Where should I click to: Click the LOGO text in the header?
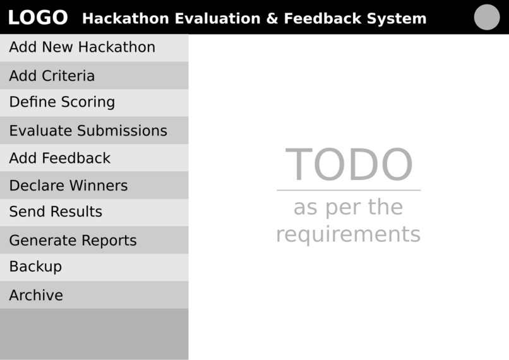[x=37, y=18]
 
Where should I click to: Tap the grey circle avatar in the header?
[x=486, y=17]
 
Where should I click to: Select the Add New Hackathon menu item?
[x=82, y=47]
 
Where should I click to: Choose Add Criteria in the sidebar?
[x=52, y=76]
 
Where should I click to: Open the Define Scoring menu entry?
[x=62, y=102]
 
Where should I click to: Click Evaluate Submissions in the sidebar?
[x=88, y=131]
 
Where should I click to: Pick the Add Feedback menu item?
[x=59, y=158]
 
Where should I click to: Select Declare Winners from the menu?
[x=68, y=186]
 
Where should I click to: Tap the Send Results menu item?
[x=56, y=212]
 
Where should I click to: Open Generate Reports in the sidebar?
[x=73, y=241]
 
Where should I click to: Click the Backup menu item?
[x=35, y=267]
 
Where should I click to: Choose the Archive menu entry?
[x=36, y=295]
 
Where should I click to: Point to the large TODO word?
[x=349, y=165]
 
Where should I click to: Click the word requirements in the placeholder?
[x=348, y=234]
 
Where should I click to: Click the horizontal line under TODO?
[x=349, y=190]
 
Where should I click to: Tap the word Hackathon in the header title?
[x=125, y=18]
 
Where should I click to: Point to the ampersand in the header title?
[x=272, y=18]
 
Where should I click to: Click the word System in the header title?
[x=396, y=18]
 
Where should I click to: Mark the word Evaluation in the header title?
[x=217, y=18]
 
